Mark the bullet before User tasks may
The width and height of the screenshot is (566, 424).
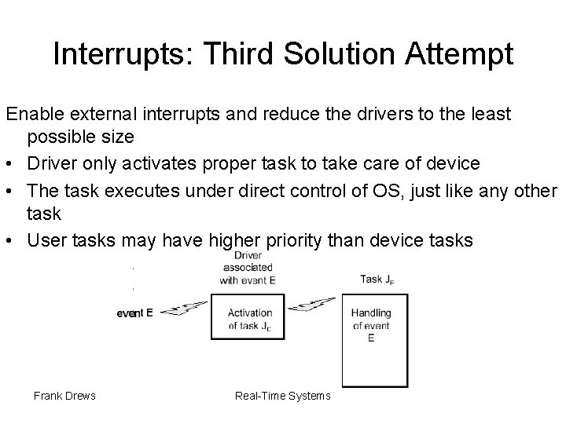[11, 240]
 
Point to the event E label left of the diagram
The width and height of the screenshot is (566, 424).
[134, 313]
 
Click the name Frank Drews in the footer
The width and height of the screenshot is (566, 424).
[64, 396]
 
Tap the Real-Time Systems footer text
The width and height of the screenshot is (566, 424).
[283, 396]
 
